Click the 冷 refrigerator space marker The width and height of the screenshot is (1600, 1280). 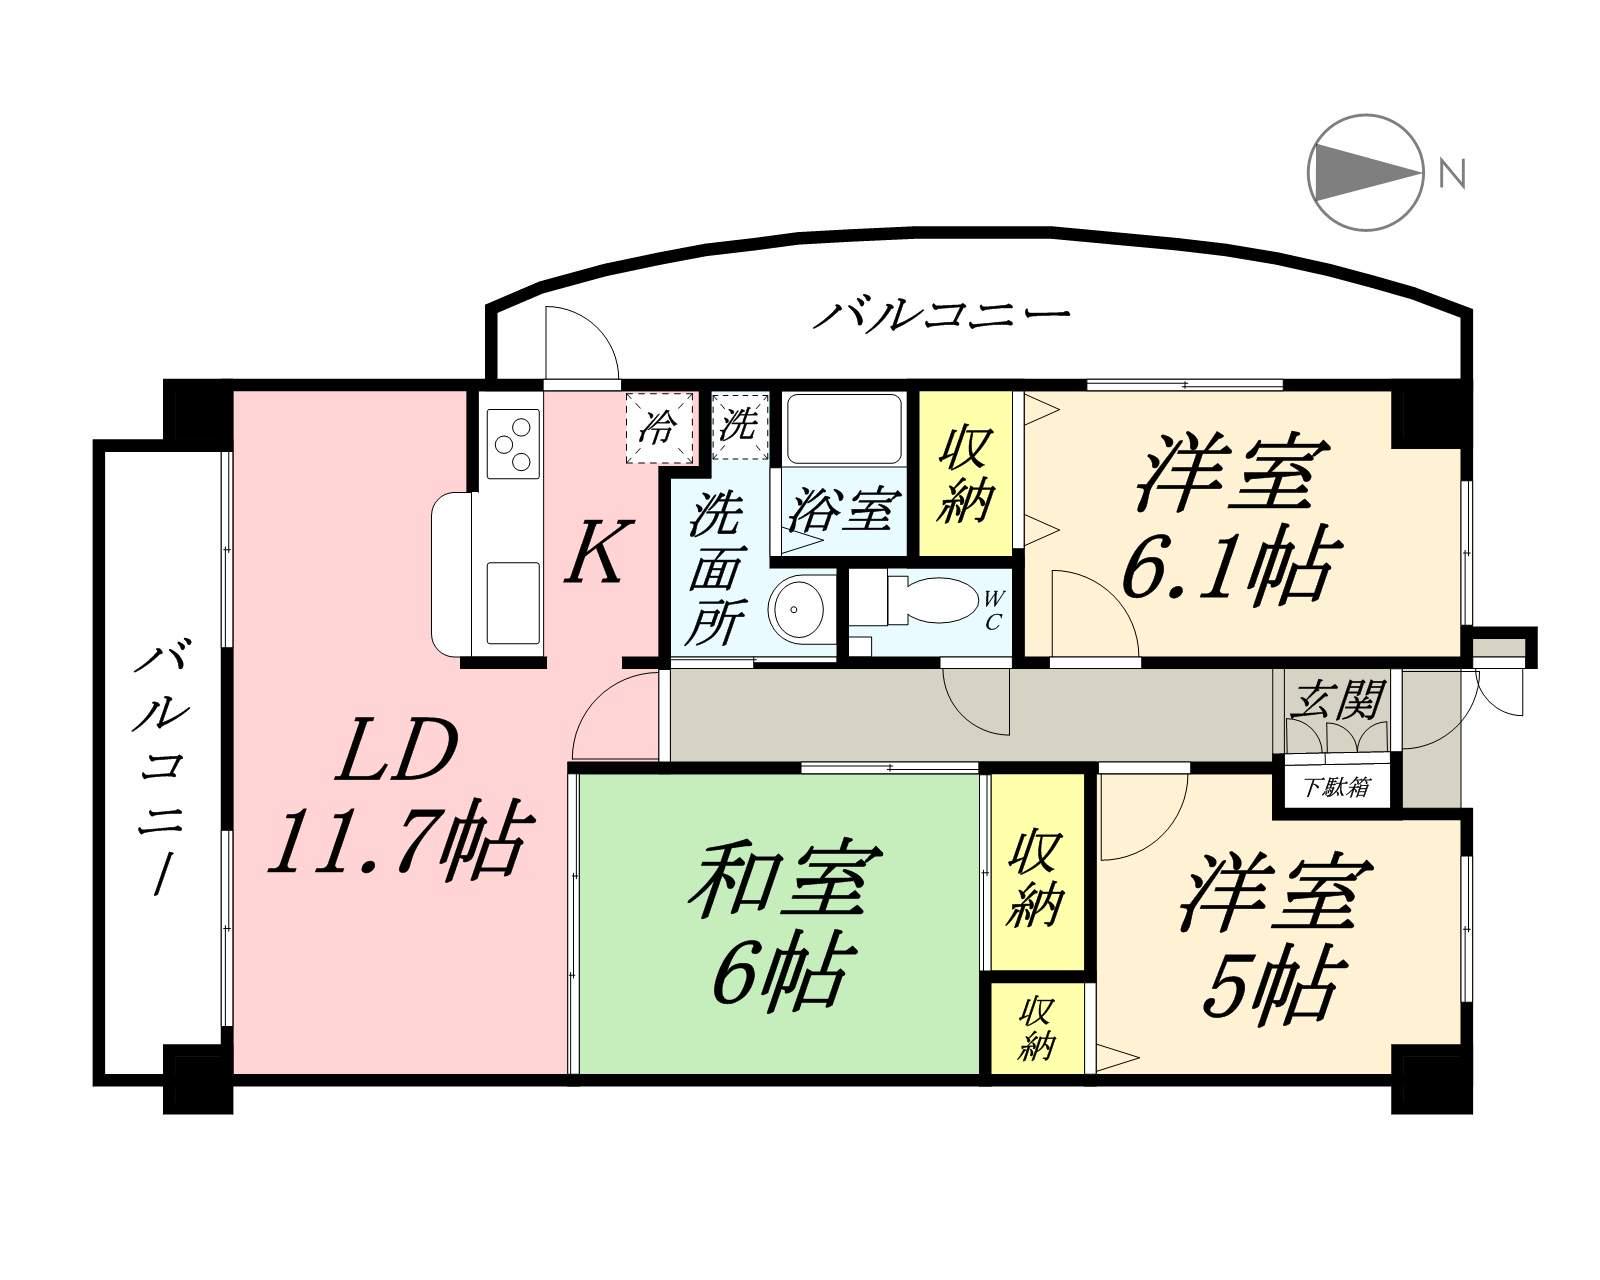point(657,428)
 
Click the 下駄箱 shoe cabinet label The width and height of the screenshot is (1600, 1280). point(1335,787)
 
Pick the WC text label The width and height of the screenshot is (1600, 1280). point(993,610)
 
